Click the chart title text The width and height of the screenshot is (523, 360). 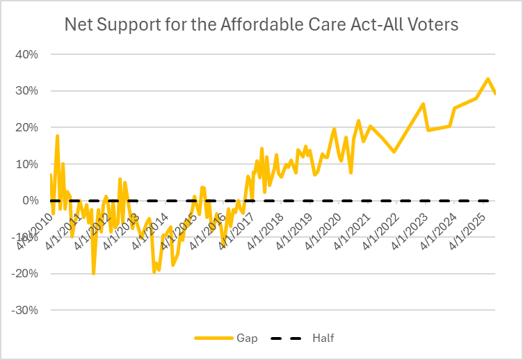coord(261,25)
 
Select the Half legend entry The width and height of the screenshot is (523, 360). coord(306,338)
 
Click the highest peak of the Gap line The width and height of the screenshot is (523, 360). coord(488,79)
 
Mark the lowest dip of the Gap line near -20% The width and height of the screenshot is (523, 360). coord(94,273)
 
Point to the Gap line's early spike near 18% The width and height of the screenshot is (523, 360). coord(57,136)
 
